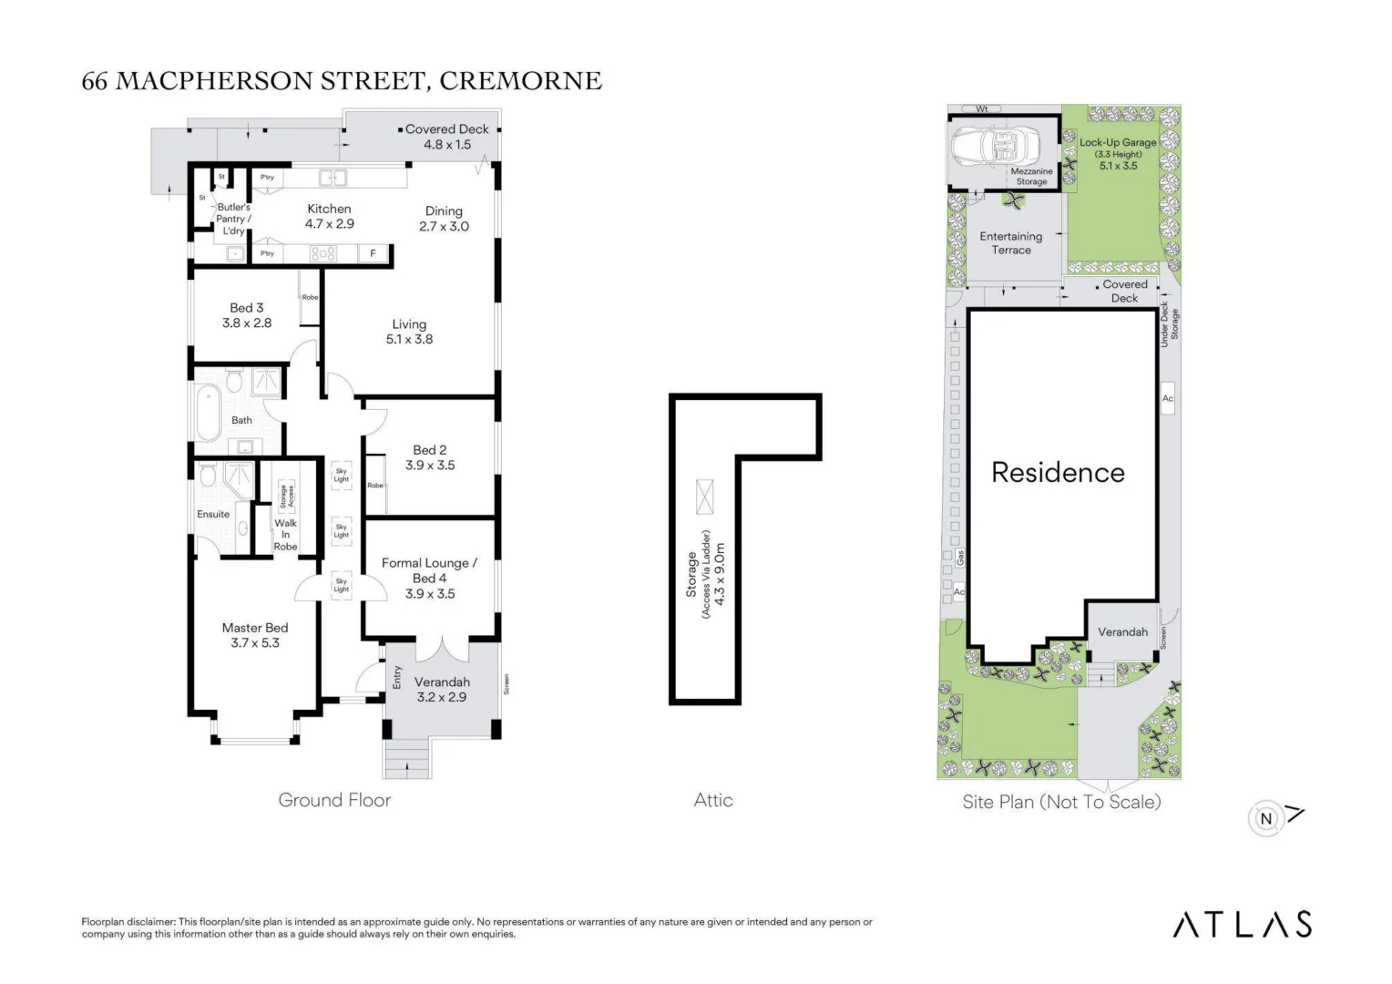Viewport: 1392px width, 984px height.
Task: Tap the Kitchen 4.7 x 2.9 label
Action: click(x=329, y=216)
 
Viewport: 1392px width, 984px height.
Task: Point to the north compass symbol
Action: click(x=1266, y=818)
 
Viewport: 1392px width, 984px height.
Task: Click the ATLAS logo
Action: click(x=1242, y=924)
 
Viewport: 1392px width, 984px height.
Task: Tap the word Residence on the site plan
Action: click(x=1058, y=472)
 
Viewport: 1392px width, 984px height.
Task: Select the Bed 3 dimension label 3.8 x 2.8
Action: click(x=247, y=323)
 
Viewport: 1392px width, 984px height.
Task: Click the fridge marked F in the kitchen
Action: click(x=373, y=253)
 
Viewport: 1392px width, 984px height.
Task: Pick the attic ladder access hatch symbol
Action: click(x=704, y=497)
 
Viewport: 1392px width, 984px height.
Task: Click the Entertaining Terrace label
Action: click(x=1011, y=242)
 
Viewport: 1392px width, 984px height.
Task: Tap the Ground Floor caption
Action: click(x=334, y=800)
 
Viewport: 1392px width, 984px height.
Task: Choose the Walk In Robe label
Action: click(x=285, y=534)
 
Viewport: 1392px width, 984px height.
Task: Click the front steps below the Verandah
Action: click(x=407, y=757)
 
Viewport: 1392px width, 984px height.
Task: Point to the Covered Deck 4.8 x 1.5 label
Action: click(x=447, y=137)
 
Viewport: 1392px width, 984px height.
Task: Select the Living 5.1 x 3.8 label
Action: click(x=409, y=331)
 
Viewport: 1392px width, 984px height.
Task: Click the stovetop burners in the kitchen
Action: click(x=323, y=253)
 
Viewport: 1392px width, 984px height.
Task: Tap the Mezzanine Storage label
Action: click(x=1031, y=176)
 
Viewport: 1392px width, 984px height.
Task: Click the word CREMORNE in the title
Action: click(x=520, y=81)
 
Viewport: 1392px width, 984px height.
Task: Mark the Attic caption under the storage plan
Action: click(x=713, y=800)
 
